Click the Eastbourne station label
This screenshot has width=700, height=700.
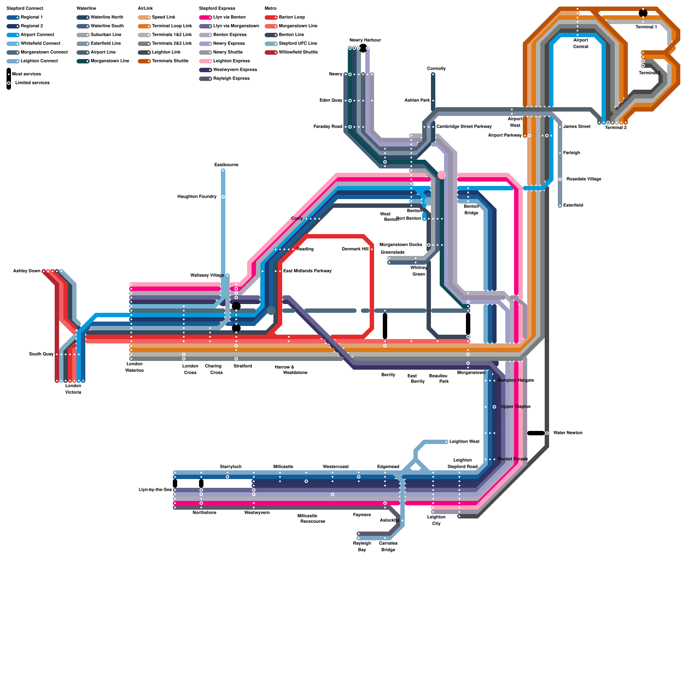click(x=226, y=165)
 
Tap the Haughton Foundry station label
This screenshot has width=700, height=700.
click(x=197, y=197)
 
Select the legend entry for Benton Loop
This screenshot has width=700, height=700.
click(x=291, y=17)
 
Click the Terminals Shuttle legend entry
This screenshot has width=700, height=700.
click(x=170, y=61)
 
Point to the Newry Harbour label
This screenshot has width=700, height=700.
click(x=365, y=40)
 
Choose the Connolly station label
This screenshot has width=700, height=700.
click(x=436, y=69)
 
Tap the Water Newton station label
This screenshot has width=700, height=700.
click(x=567, y=433)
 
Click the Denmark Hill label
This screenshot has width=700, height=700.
click(x=355, y=249)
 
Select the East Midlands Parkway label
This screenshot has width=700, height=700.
click(x=307, y=271)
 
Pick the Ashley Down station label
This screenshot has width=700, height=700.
click(x=27, y=271)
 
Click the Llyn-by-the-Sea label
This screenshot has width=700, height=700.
click(x=155, y=490)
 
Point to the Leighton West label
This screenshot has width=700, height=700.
click(x=464, y=442)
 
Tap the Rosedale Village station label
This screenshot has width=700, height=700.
click(x=584, y=179)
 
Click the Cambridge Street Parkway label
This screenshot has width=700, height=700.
click(x=464, y=127)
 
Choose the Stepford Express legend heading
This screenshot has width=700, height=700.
click(x=217, y=9)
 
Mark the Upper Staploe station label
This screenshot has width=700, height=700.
click(x=515, y=407)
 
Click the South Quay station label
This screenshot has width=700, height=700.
click(x=41, y=354)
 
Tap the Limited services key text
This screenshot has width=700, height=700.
click(x=32, y=83)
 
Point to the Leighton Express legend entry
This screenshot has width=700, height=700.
click(x=231, y=61)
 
